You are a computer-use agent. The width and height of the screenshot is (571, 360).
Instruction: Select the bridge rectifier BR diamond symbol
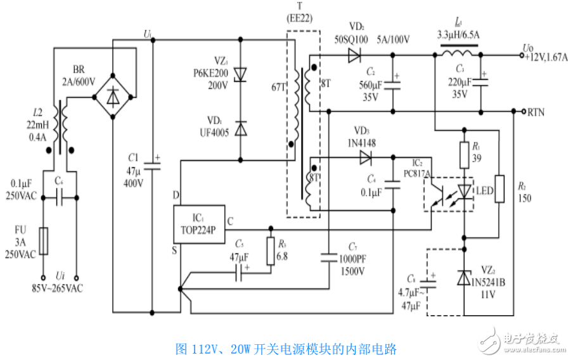113,97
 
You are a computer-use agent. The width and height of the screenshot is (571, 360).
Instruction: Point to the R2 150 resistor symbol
501,188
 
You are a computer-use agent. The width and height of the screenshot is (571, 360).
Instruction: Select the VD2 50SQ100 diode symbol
354,56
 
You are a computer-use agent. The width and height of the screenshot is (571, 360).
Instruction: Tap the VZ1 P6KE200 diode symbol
240,75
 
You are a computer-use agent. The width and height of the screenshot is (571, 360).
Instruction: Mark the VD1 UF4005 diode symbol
240,129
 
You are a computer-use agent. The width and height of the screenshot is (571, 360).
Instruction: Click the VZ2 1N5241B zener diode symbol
465,278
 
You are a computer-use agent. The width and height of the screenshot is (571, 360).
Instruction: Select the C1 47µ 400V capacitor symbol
153,166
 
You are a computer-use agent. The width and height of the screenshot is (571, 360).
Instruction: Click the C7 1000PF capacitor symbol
329,258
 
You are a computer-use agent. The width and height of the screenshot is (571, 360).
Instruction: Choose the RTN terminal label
536,112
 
